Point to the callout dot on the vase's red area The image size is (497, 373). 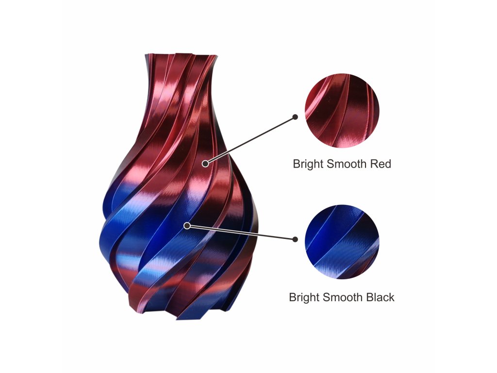click(205, 164)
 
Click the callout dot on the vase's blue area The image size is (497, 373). click(187, 225)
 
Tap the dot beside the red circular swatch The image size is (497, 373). click(295, 117)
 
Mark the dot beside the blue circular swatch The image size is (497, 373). click(295, 239)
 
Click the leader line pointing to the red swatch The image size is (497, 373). click(250, 140)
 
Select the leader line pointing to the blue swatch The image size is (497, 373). click(241, 232)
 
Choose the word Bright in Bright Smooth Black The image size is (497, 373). click(304, 297)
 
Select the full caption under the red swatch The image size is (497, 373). click(342, 164)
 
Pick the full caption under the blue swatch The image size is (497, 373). click(342, 297)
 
